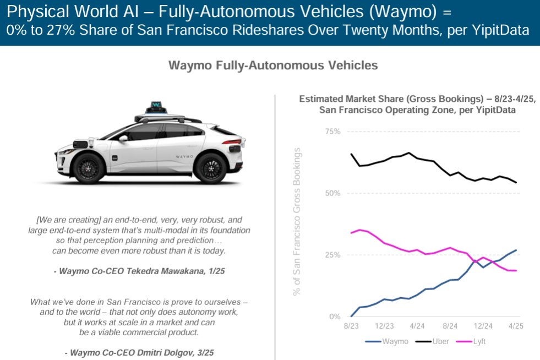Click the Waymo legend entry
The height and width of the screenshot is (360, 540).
[387, 342]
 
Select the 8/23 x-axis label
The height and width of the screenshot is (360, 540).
[351, 326]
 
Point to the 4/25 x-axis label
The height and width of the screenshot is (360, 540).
[516, 326]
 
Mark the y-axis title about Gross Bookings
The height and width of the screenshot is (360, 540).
[297, 223]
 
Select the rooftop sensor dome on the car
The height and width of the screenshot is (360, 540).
[156, 105]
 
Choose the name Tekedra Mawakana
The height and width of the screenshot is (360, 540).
[174, 271]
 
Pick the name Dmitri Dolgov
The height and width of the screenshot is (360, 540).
[179, 353]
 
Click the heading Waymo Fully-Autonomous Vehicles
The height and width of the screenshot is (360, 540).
[272, 65]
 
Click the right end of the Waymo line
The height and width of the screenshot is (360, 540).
[516, 250]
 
